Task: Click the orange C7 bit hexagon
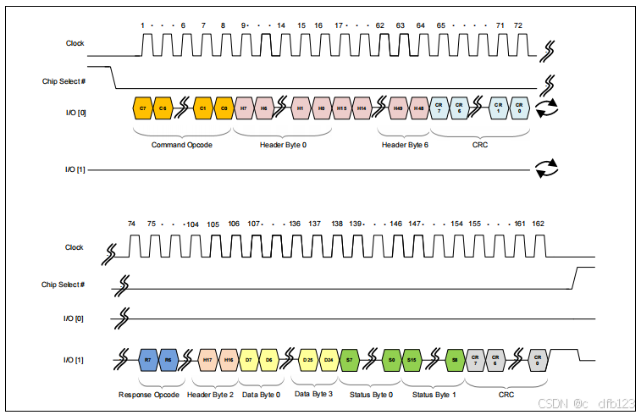[143, 108]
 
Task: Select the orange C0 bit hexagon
[224, 108]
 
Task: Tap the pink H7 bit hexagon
[244, 108]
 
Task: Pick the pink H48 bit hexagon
[419, 108]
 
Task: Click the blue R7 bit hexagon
[148, 359]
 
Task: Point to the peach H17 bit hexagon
[208, 359]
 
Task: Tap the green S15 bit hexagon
[412, 359]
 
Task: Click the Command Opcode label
[181, 145]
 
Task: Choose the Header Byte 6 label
[405, 145]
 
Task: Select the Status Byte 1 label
[434, 394]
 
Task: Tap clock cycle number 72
[518, 25]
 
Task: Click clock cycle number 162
[539, 224]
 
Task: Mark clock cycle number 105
[213, 224]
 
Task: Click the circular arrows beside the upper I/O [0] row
[547, 108]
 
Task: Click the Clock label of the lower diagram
[75, 247]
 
